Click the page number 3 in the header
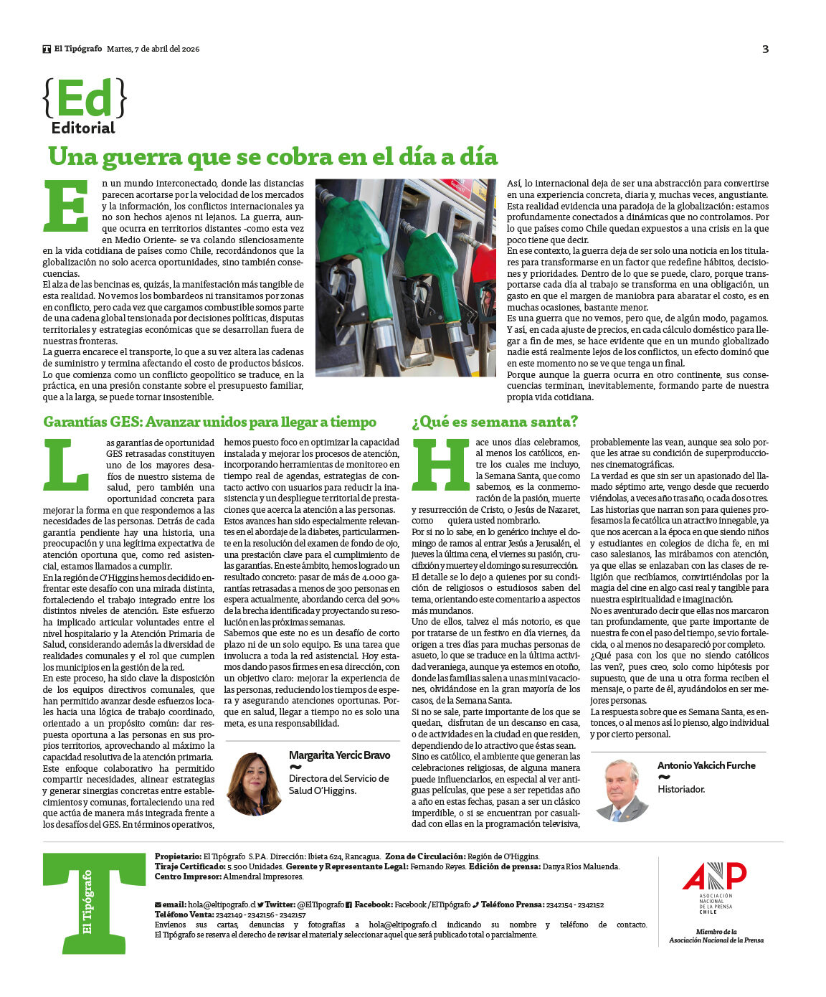[x=765, y=49]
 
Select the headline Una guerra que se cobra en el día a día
[x=272, y=156]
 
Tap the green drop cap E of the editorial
[x=66, y=206]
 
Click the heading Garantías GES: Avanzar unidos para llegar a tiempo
[x=209, y=422]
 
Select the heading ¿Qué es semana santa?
[x=495, y=422]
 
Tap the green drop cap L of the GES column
[x=66, y=464]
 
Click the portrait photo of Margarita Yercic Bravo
[x=253, y=783]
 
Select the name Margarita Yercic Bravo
[x=339, y=755]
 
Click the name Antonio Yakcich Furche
[x=706, y=765]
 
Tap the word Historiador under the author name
[x=681, y=789]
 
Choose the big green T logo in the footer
[x=94, y=903]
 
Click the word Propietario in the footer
[x=178, y=856]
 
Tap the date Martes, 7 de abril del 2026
[x=153, y=49]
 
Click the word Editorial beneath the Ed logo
[x=83, y=128]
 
